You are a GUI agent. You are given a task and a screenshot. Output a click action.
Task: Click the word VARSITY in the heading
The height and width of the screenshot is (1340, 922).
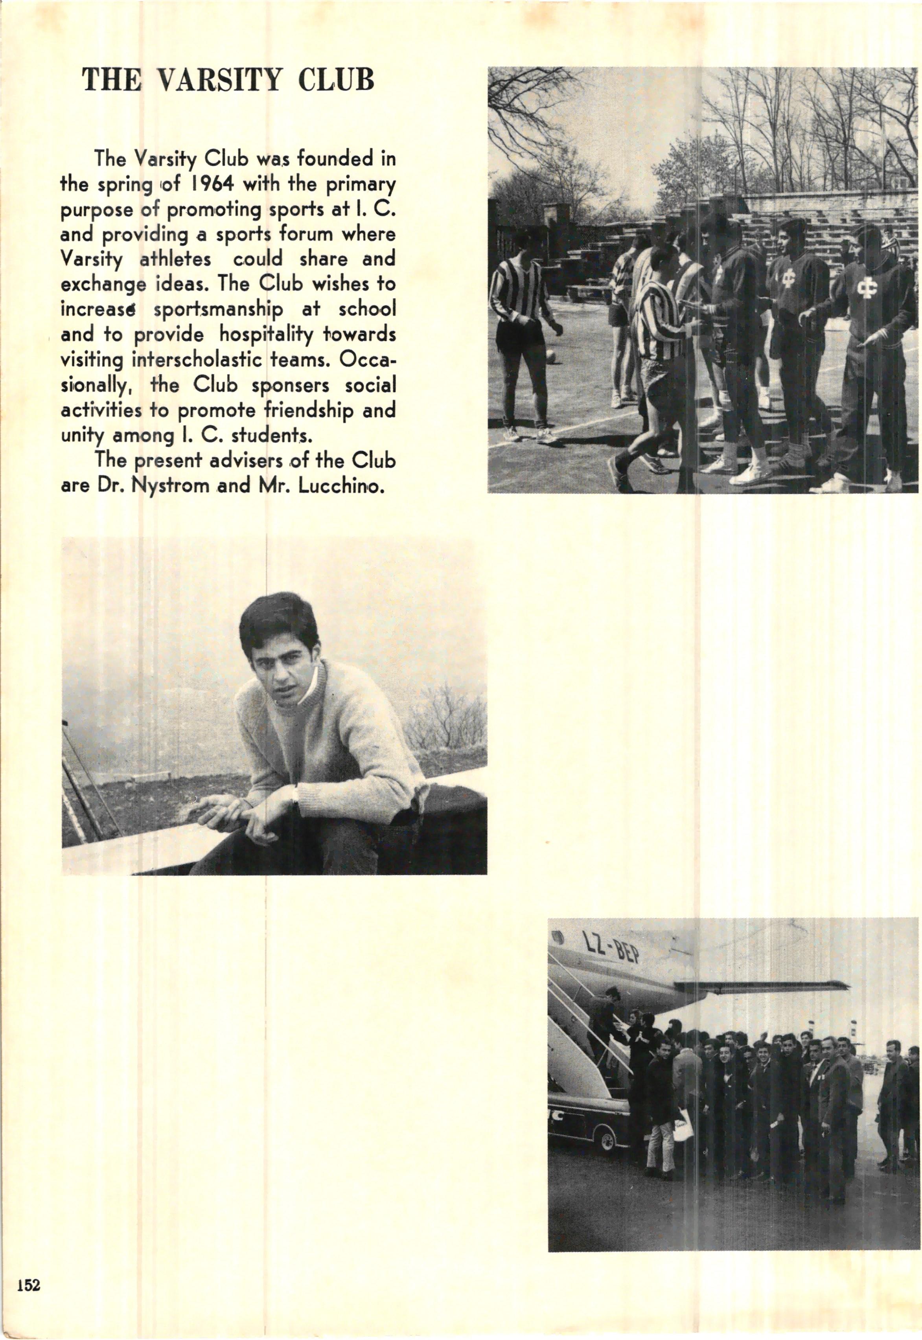pyautogui.click(x=219, y=80)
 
